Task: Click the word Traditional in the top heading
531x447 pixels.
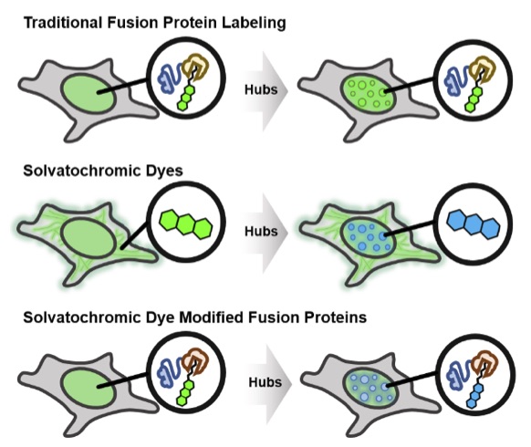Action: [x=63, y=23]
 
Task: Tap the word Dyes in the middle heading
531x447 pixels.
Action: [x=160, y=171]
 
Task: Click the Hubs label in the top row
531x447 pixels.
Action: [x=261, y=89]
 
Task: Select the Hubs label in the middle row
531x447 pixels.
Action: [x=261, y=232]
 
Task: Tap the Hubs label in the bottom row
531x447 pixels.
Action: [x=265, y=382]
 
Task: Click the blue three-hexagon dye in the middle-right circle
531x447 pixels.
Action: [x=474, y=224]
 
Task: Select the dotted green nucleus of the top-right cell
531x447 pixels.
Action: [x=368, y=93]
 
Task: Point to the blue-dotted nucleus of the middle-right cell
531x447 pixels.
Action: [x=368, y=235]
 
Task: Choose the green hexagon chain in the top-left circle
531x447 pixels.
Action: [x=186, y=98]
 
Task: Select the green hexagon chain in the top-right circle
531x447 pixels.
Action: [x=475, y=99]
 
